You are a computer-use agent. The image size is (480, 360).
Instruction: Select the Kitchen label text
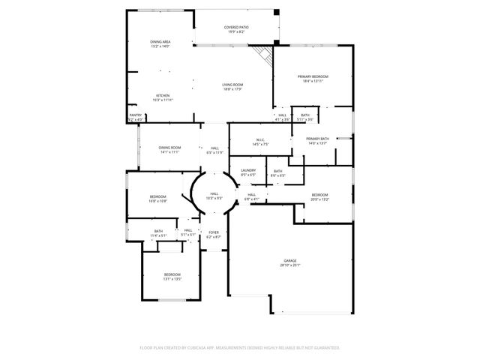pos(162,97)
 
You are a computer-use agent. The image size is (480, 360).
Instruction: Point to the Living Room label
pos(232,87)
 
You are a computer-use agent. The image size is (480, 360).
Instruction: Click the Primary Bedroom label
pos(314,78)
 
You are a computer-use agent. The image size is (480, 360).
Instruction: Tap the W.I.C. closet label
pos(261,141)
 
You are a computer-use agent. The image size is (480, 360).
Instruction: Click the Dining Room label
pos(170,149)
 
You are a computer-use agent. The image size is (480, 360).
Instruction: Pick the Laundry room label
pos(248,172)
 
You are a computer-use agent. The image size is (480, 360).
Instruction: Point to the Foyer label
pos(214,234)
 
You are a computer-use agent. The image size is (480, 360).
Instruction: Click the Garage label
pos(290,262)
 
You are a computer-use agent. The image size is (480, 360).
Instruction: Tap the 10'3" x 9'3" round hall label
pos(214,196)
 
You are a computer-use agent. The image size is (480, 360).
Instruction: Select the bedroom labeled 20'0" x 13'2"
pos(320,196)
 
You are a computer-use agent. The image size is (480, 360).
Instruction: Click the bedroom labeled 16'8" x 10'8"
pos(157,199)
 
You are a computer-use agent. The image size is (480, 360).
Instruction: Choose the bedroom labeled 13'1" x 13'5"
pos(172,277)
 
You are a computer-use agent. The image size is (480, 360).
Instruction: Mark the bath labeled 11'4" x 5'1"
pos(158,233)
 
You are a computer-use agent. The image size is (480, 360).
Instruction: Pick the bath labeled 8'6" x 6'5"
pos(277,173)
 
